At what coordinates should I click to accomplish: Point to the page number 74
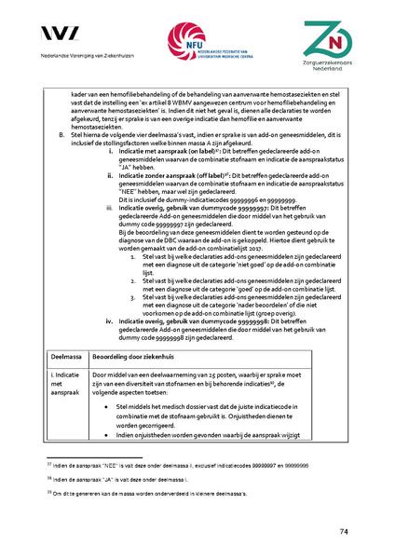coord(344,532)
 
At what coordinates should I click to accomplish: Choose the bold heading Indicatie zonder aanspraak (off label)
coord(180,173)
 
